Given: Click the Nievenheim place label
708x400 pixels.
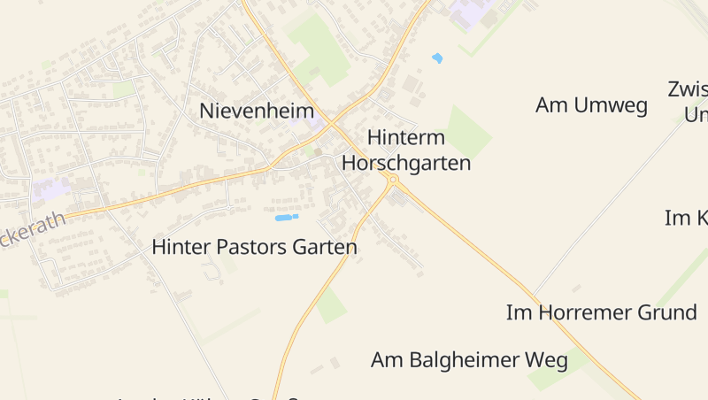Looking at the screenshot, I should click(258, 111).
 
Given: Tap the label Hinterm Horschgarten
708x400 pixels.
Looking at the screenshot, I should click(406, 150).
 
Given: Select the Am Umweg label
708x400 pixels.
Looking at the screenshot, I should click(591, 105).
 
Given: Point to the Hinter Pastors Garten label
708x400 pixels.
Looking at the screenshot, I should click(255, 247).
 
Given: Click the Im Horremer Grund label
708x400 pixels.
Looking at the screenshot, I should click(601, 312).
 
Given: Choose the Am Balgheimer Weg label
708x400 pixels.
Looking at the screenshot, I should click(469, 360).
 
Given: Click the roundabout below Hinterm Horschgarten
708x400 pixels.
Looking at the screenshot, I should click(393, 180).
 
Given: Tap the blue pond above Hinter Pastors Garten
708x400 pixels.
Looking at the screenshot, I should click(286, 217).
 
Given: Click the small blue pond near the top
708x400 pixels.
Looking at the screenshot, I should click(436, 58).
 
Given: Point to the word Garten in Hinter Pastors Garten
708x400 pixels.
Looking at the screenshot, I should click(322, 247).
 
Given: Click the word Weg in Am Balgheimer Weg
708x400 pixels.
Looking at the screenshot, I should click(546, 360).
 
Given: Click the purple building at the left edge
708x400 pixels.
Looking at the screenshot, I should click(50, 188).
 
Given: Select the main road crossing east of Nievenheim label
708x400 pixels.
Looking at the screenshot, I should click(330, 123).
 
